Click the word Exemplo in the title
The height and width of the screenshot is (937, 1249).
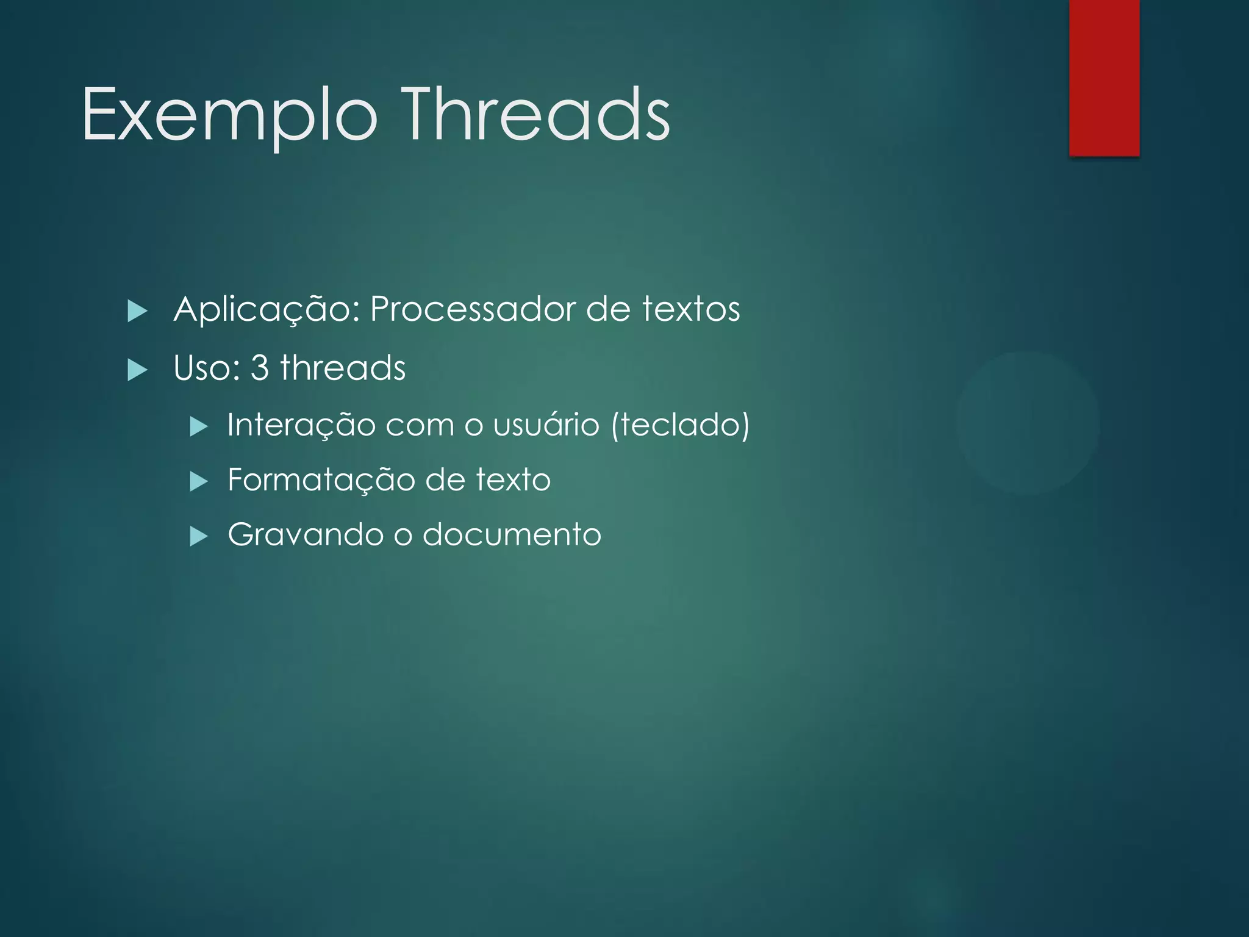229,116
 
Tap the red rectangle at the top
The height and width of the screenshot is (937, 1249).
1104,77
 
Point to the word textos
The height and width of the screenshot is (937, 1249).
691,309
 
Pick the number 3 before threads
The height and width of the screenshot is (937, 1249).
260,368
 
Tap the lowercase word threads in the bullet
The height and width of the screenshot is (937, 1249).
343,368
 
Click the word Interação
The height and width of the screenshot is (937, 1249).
301,425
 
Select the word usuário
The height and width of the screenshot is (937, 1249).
546,425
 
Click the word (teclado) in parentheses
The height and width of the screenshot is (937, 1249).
680,425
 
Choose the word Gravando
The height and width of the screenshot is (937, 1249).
306,534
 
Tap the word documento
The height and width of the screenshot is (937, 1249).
512,534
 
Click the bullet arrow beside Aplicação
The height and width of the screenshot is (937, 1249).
137,311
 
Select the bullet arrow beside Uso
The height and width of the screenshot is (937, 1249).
137,370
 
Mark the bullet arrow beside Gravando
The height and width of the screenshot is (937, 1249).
199,537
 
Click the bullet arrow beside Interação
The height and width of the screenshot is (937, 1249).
199,426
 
